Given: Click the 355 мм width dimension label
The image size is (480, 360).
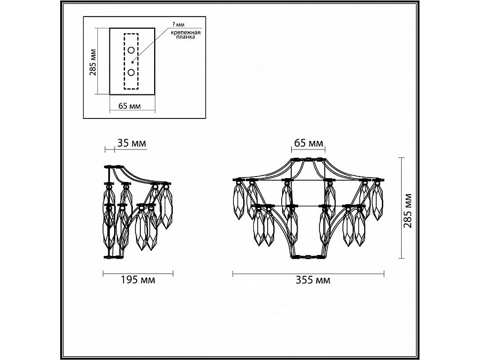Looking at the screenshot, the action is pyautogui.click(x=313, y=280).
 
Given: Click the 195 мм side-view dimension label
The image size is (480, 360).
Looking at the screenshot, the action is pyautogui.click(x=138, y=280).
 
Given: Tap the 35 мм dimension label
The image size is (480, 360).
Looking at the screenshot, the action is pyautogui.click(x=132, y=143).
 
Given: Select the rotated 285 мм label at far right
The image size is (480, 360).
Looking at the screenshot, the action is pyautogui.click(x=407, y=211).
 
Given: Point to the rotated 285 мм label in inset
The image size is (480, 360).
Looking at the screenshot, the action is pyautogui.click(x=93, y=62).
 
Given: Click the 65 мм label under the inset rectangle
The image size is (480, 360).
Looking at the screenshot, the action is pyautogui.click(x=130, y=106).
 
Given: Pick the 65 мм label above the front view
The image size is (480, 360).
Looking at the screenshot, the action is pyautogui.click(x=309, y=143).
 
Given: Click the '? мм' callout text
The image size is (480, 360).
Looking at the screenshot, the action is pyautogui.click(x=179, y=25).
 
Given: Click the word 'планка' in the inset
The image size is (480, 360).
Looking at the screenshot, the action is pyautogui.click(x=186, y=37).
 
